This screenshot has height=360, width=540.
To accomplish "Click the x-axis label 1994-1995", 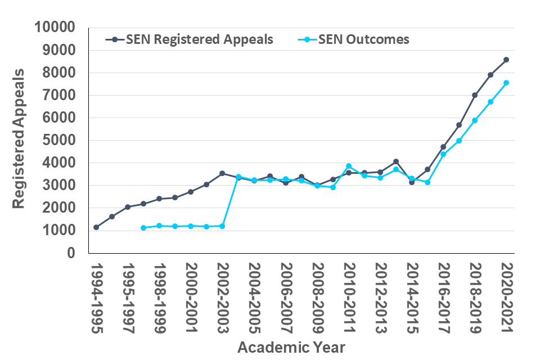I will pyautogui.click(x=96, y=298).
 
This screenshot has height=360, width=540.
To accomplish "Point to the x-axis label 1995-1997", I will pyautogui.click(x=128, y=298).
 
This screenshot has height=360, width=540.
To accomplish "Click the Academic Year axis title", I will pyautogui.click(x=291, y=346).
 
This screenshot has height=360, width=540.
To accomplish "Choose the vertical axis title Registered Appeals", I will pyautogui.click(x=19, y=139).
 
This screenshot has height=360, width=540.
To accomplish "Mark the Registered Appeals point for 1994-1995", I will pyautogui.click(x=96, y=227).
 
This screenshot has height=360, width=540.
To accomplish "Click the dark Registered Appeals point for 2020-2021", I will pyautogui.click(x=506, y=60).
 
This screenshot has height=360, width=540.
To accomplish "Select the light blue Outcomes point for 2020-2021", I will pyautogui.click(x=506, y=83).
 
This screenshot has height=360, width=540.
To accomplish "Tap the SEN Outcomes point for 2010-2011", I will pyautogui.click(x=349, y=166).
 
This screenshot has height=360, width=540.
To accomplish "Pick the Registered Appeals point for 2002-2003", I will pyautogui.click(x=222, y=173).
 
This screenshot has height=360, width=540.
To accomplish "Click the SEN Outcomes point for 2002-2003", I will pyautogui.click(x=222, y=226).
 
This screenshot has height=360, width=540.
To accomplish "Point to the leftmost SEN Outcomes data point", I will pyautogui.click(x=143, y=228).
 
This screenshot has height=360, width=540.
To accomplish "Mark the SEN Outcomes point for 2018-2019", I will pyautogui.click(x=475, y=120).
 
